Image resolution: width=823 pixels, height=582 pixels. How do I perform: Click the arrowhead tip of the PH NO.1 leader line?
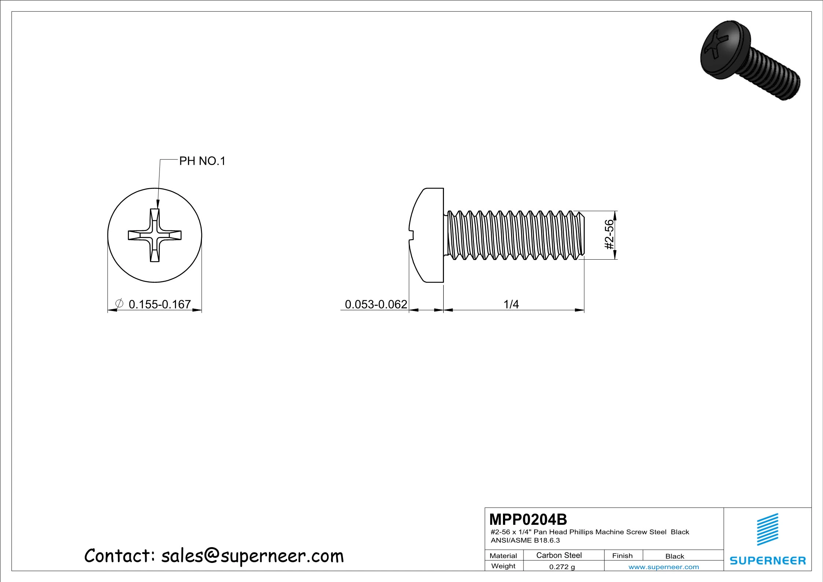[158, 209]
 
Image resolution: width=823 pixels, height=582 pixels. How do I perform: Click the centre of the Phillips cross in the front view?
[155, 235]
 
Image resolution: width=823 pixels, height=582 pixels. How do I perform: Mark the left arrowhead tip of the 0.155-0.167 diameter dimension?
[108, 310]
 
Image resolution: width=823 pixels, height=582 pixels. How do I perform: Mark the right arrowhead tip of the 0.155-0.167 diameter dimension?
[202, 310]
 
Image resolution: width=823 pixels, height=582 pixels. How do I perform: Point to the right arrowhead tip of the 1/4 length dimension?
[584, 310]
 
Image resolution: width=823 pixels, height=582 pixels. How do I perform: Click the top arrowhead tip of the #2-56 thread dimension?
[615, 211]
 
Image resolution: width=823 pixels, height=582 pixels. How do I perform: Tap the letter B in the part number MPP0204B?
[562, 520]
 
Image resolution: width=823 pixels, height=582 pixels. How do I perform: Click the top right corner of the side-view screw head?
[444, 188]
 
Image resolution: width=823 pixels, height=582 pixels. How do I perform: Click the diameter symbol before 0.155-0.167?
[119, 304]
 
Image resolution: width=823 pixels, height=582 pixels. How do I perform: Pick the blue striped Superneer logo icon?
[768, 529]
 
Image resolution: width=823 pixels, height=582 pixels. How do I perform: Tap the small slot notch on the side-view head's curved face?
[411, 235]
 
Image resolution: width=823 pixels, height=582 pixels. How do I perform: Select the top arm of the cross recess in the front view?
[155, 220]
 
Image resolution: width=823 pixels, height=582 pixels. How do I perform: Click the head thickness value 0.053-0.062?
[376, 304]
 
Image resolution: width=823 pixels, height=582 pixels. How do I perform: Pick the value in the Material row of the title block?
[559, 555]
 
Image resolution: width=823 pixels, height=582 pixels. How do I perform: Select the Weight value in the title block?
[562, 567]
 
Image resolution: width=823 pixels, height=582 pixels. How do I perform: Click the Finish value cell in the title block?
[675, 556]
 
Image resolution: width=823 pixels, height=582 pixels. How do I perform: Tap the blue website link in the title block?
[664, 567]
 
